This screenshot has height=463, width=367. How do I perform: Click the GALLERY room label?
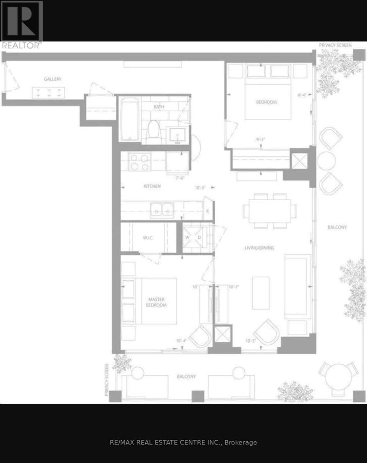(52, 79)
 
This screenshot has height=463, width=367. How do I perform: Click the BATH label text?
(159, 107)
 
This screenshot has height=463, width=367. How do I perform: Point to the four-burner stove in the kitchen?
(140, 162)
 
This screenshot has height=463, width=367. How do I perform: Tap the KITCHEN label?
(152, 186)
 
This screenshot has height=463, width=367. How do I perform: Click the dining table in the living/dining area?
(270, 211)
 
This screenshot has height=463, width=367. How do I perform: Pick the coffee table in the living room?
(261, 292)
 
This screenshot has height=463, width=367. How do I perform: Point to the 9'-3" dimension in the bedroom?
(261, 140)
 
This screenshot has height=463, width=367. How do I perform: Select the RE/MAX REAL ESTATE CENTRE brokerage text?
(183, 443)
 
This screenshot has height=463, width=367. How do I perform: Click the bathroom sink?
(178, 135)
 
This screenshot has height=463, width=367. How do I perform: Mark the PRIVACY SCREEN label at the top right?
(335, 46)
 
